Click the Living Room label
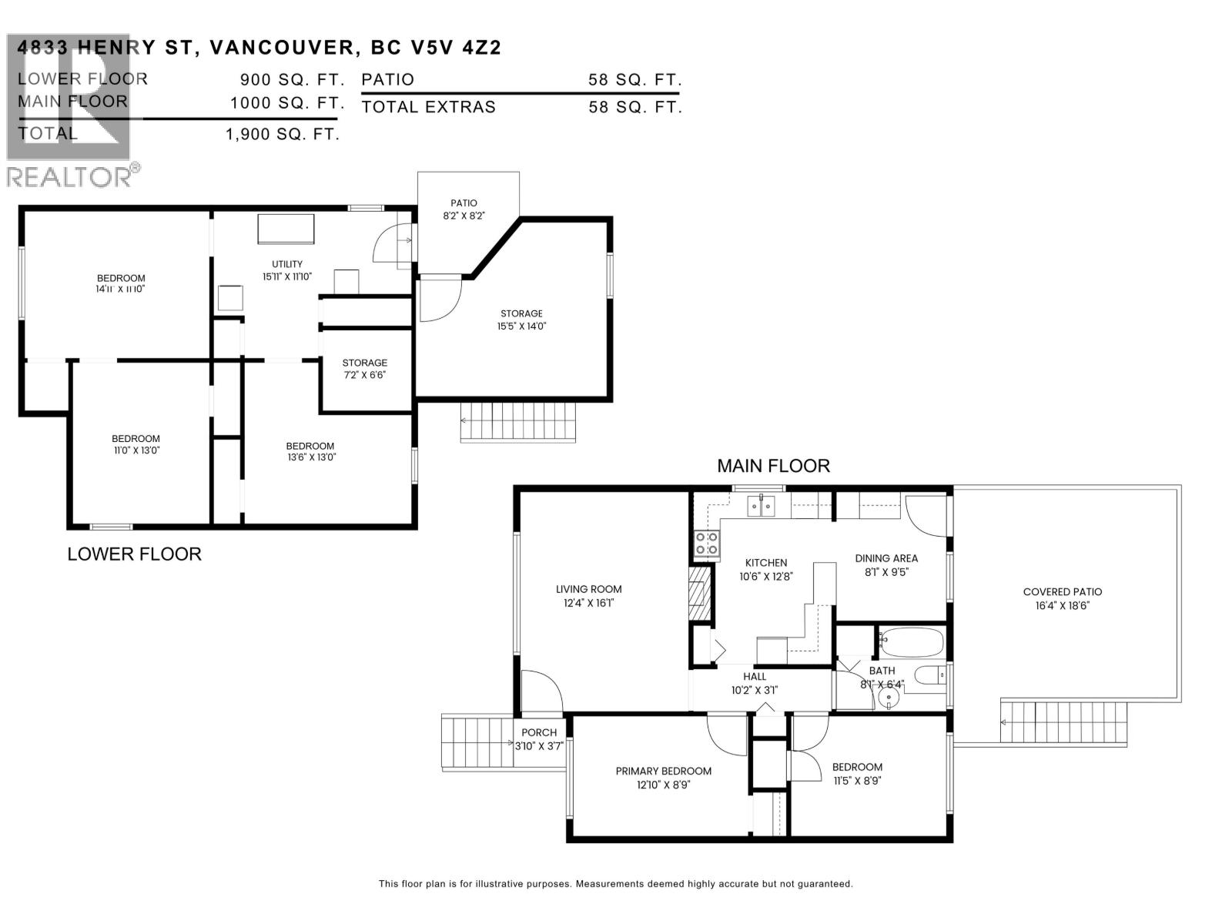point(588,589)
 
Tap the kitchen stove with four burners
point(707,544)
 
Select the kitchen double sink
point(761,506)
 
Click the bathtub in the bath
point(911,641)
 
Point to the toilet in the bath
point(930,676)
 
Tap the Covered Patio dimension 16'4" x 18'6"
point(1062,605)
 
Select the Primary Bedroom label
point(663,771)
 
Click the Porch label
point(539,732)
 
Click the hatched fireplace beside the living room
point(698,592)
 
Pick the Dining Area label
point(886,558)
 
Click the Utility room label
point(287,264)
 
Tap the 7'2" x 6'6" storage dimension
point(364,375)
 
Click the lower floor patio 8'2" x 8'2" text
point(464,216)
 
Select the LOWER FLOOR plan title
point(134,554)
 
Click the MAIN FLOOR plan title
point(773,466)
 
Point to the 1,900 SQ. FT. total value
point(282,134)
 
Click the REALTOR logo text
point(69,177)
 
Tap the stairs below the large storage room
point(518,422)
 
